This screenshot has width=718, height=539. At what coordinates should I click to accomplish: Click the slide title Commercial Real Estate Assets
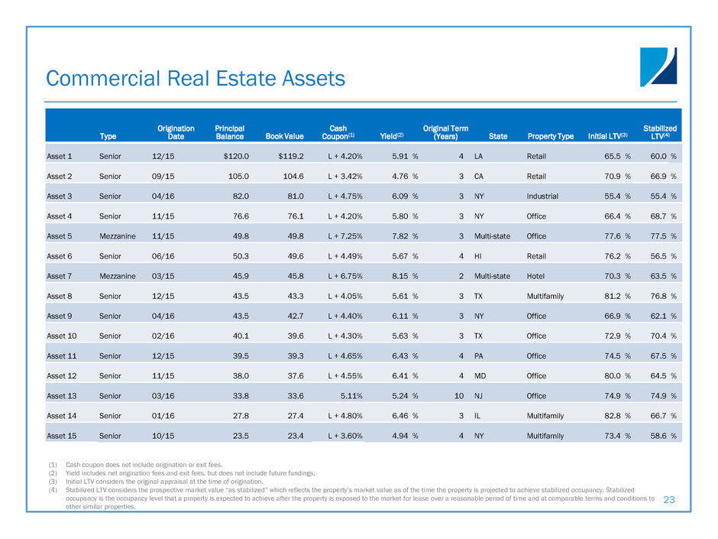[196, 78]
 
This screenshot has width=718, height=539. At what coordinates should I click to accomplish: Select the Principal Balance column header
[229, 132]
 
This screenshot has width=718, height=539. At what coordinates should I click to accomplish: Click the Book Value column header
[284, 136]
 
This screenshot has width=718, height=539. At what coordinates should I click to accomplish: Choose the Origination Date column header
[176, 132]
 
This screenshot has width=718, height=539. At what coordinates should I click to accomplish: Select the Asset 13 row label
[62, 395]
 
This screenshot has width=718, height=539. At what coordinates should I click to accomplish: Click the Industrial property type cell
[542, 196]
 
